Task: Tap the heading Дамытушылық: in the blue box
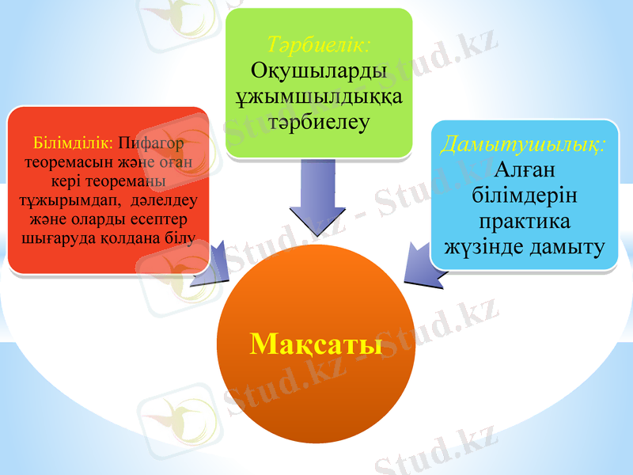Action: pos(524,144)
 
